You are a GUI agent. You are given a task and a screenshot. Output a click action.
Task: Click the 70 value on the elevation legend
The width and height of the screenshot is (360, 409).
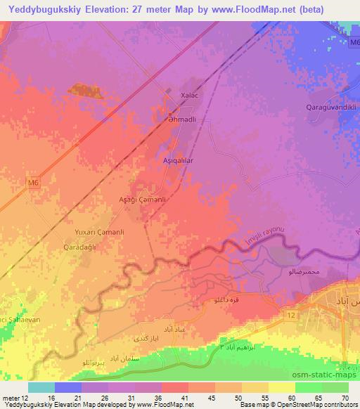344,398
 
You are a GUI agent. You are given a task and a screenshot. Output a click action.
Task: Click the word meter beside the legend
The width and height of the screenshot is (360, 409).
12,398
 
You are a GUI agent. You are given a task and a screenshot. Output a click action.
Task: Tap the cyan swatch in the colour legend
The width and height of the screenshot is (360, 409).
41,387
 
